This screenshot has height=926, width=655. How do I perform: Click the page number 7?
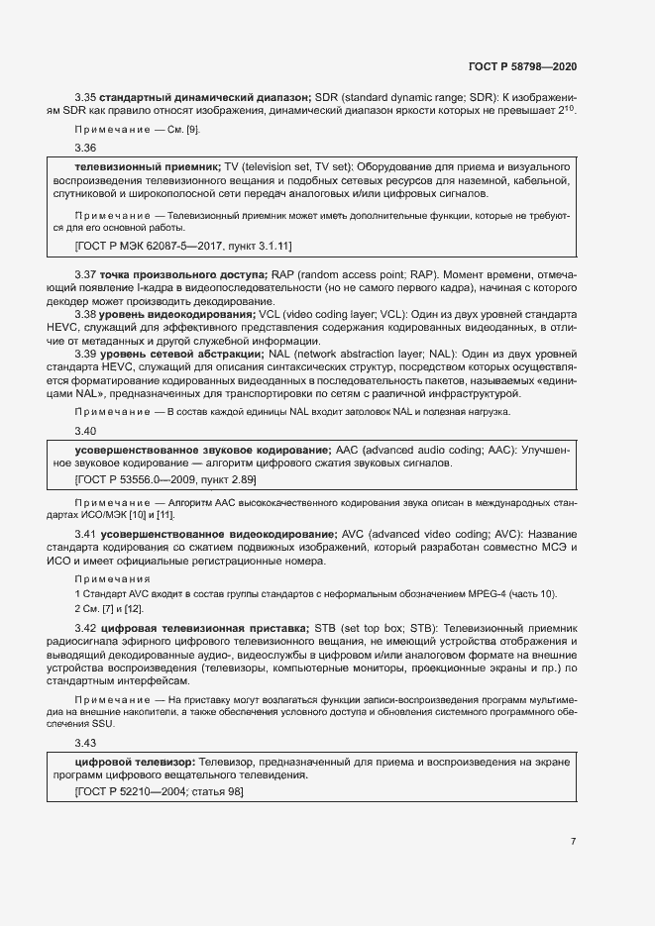tap(573, 842)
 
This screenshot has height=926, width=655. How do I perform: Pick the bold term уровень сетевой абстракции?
tap(168, 354)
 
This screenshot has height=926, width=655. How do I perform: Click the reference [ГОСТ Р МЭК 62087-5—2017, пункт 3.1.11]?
tap(183, 245)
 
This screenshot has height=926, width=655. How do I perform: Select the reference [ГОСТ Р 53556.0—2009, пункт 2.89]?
tap(165, 479)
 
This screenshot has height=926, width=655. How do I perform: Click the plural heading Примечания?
tap(112, 578)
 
